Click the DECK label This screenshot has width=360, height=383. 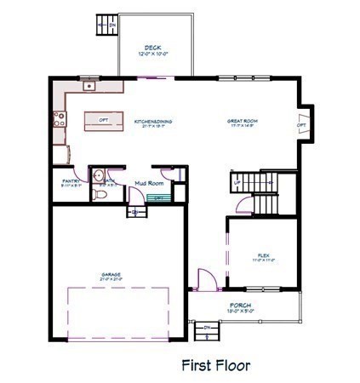pyautogui.click(x=153, y=47)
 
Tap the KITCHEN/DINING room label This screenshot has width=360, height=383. pyautogui.click(x=153, y=122)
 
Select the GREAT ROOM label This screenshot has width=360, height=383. pyautogui.click(x=242, y=122)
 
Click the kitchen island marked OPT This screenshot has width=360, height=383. pyautogui.click(x=103, y=119)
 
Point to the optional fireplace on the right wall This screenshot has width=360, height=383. pyautogui.click(x=301, y=124)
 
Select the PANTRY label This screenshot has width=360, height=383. pyautogui.click(x=71, y=181)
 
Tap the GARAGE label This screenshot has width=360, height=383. pyautogui.click(x=111, y=274)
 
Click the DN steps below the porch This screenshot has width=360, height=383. pyautogui.click(x=204, y=329)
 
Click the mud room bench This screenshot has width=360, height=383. pyautogui.click(x=158, y=198)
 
